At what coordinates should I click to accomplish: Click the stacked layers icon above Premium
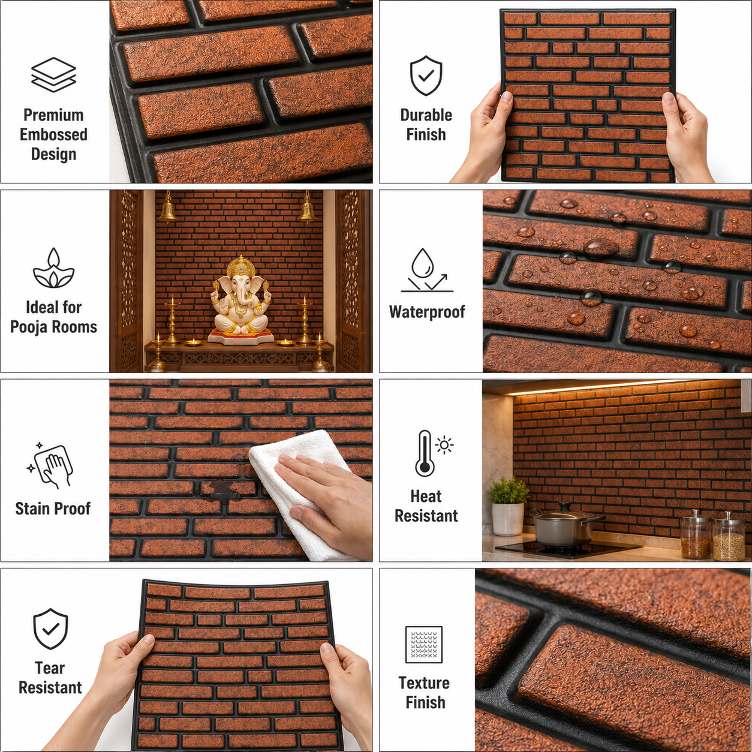(x=53, y=74)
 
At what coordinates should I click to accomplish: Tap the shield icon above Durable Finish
(x=426, y=76)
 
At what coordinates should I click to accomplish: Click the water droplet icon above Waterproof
(x=427, y=270)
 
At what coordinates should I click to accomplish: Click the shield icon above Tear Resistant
(x=50, y=628)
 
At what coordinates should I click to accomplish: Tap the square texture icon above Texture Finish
(x=424, y=645)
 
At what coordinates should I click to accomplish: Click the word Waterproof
(x=427, y=312)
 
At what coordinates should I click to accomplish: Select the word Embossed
(x=53, y=135)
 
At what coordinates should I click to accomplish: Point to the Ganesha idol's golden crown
(x=241, y=266)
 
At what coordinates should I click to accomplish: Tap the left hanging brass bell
(x=167, y=210)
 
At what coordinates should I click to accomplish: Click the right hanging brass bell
(x=308, y=210)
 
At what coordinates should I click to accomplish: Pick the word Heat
(x=426, y=497)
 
